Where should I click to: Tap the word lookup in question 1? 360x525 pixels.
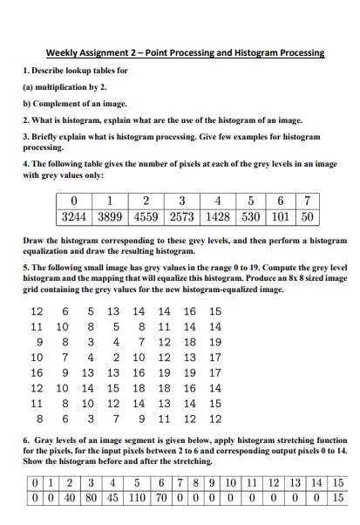tap(76, 70)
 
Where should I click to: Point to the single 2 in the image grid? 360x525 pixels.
tap(114, 357)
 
